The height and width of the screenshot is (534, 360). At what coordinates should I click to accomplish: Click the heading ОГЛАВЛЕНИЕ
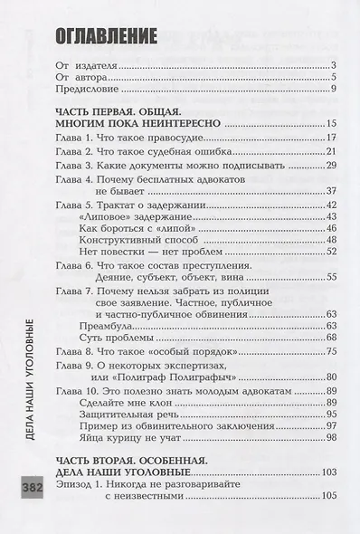coord(106,36)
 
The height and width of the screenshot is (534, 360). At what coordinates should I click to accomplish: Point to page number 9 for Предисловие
coord(334,89)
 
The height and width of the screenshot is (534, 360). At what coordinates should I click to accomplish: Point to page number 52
coord(331,252)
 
